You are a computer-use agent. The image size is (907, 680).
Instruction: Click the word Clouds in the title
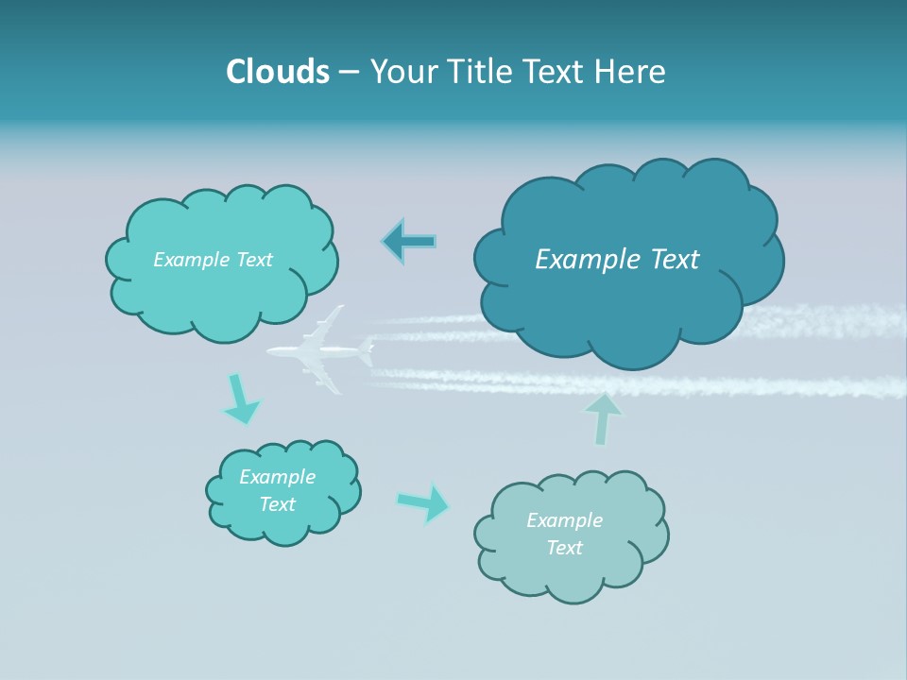pyautogui.click(x=278, y=72)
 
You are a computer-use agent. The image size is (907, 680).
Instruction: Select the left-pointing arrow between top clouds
pyautogui.click(x=409, y=242)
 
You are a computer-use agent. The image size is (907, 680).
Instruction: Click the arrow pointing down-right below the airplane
pyautogui.click(x=240, y=399)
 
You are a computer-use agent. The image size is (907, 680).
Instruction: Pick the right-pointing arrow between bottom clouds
pyautogui.click(x=423, y=503)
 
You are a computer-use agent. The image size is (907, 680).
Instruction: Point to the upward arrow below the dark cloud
pyautogui.click(x=603, y=419)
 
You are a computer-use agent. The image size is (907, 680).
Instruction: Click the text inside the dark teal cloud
pyautogui.click(x=617, y=260)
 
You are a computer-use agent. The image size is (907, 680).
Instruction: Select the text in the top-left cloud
pyautogui.click(x=213, y=260)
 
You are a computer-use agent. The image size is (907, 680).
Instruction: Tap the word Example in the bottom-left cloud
pyautogui.click(x=277, y=477)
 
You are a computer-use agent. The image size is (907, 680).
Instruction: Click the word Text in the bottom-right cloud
pyautogui.click(x=564, y=548)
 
